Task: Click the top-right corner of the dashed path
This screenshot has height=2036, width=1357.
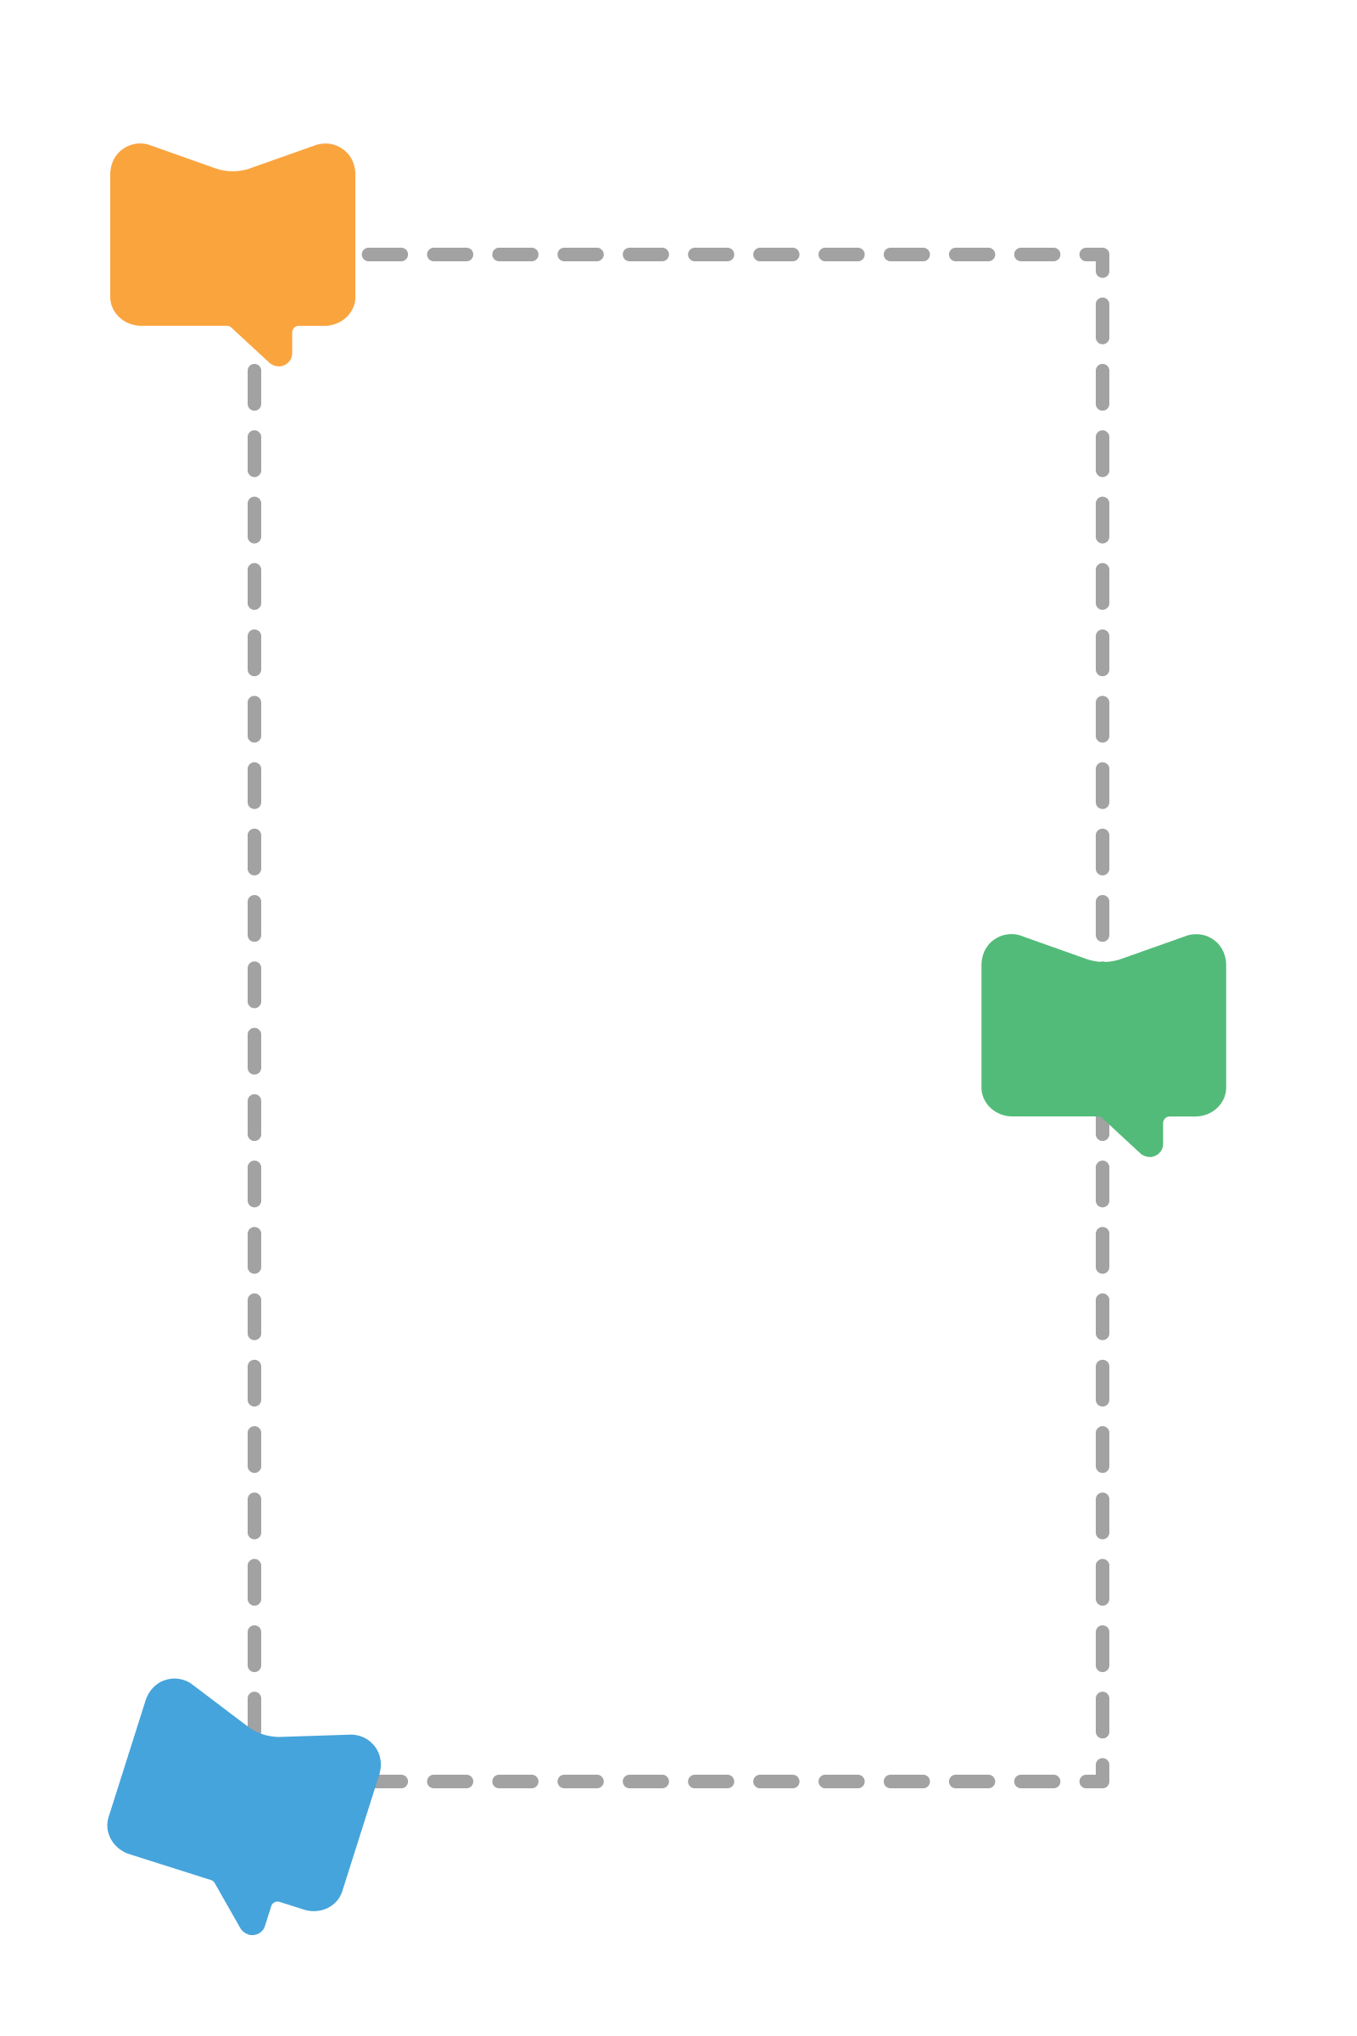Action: pyautogui.click(x=1102, y=255)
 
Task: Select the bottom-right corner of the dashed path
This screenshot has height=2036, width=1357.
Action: pyautogui.click(x=1102, y=1781)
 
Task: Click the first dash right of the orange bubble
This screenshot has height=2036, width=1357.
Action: pyautogui.click(x=384, y=255)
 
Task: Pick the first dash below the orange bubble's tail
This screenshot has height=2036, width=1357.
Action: pyautogui.click(x=254, y=386)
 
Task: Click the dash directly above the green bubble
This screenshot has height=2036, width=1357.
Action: pyautogui.click(x=1103, y=918)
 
